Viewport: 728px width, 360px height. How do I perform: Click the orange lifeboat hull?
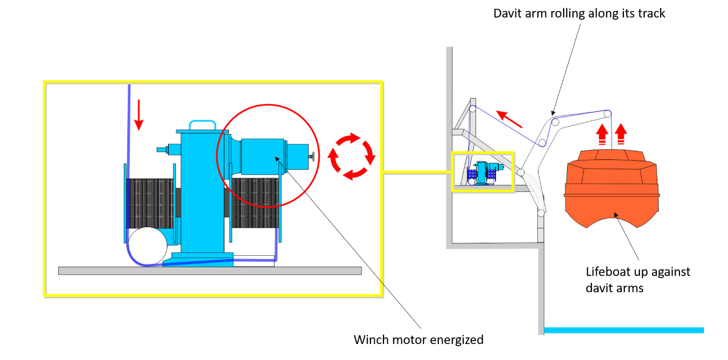coord(612,187)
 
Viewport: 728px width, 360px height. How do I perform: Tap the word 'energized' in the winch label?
coord(455,340)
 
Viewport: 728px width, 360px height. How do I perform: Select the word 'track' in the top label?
coord(650,13)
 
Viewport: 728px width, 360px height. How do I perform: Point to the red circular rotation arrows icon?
coord(352,157)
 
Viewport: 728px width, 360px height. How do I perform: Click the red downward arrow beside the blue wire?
coord(138,114)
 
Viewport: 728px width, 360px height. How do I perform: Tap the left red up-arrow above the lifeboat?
coord(602,133)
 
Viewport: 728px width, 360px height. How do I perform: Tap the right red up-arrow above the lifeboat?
coord(621,133)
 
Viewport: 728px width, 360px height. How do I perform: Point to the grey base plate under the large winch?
coord(209,271)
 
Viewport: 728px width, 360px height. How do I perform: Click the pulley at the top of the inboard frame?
coord(472,110)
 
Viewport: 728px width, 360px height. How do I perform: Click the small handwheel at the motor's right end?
coord(312,157)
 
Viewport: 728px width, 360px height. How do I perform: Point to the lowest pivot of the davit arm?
coord(541,212)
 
